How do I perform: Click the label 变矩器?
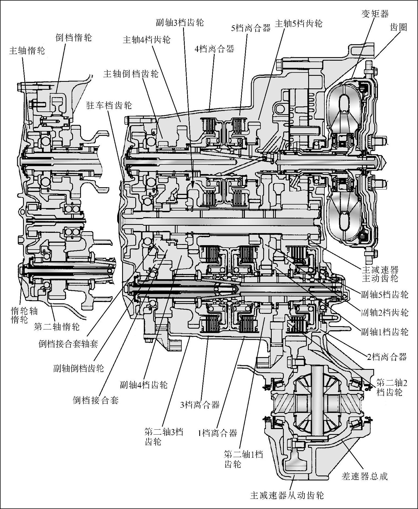coord(375,14)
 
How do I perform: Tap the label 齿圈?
coord(398,27)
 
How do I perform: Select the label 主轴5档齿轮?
coord(298,24)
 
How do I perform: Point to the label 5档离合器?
coord(251,28)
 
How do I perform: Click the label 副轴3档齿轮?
coord(180,22)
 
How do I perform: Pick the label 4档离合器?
coord(214,49)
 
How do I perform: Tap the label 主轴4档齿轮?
coord(147,40)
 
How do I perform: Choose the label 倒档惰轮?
coord(74,38)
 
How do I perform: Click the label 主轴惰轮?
coord(27,51)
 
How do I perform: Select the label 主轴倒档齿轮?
coord(131,74)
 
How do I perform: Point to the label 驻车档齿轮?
coord(109,105)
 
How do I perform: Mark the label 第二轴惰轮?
coord(57,326)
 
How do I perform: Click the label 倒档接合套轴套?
coord(68,344)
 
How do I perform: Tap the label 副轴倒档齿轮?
coord(78,368)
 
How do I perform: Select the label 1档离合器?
coord(217,433)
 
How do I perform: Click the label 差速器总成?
coord(364,476)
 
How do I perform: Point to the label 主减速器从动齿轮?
coord(287,496)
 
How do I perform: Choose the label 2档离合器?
coord(387,357)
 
